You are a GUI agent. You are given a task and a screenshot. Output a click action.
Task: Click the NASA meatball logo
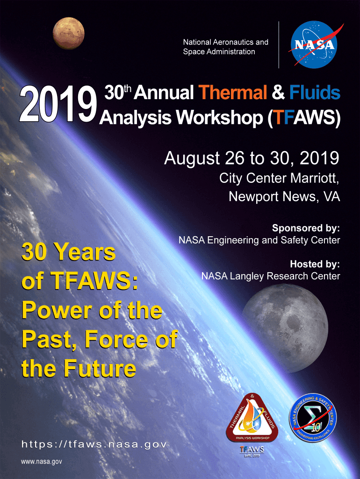(314, 44)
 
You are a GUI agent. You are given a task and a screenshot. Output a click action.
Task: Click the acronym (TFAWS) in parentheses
(304, 118)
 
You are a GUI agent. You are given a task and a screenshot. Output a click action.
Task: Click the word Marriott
(315, 178)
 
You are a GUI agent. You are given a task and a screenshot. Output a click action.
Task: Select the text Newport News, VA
(284, 196)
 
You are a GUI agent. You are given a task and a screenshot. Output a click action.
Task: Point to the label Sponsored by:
(306, 228)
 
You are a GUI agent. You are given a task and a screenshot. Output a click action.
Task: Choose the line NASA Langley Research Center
(270, 276)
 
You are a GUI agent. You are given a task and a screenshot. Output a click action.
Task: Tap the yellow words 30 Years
(68, 253)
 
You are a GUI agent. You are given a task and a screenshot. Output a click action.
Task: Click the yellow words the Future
(79, 369)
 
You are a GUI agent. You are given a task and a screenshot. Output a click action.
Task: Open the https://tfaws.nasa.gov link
(94, 444)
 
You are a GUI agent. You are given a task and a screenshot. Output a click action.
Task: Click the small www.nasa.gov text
(42, 462)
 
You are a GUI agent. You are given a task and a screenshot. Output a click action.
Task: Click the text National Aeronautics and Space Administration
(225, 47)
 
